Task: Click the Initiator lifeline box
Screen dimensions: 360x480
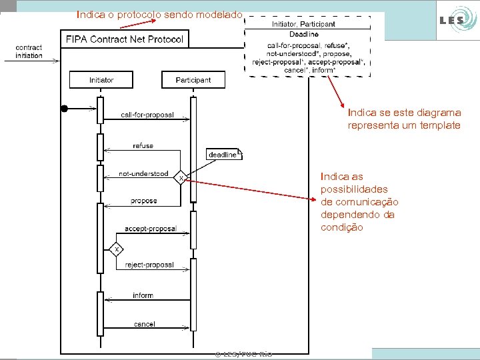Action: [101, 80]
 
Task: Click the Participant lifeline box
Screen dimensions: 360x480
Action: [193, 80]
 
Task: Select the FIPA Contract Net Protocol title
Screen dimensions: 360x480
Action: [124, 39]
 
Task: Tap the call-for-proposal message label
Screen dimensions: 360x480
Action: [147, 115]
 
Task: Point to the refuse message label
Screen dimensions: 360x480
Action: [143, 145]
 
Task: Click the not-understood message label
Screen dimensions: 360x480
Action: [143, 174]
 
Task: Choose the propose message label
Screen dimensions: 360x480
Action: [144, 201]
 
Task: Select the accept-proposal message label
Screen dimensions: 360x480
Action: [150, 229]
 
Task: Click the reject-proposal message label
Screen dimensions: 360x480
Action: [149, 265]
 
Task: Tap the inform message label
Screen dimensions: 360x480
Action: [143, 295]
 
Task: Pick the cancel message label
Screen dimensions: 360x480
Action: [145, 324]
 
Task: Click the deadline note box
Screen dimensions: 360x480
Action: [224, 155]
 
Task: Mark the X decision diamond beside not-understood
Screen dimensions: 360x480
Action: [180, 177]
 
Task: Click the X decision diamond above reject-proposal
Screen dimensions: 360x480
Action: [117, 249]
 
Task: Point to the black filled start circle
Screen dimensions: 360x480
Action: [65, 108]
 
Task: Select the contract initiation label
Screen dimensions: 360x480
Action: [29, 51]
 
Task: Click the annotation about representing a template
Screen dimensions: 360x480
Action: [404, 119]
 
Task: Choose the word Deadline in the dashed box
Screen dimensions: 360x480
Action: [303, 34]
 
